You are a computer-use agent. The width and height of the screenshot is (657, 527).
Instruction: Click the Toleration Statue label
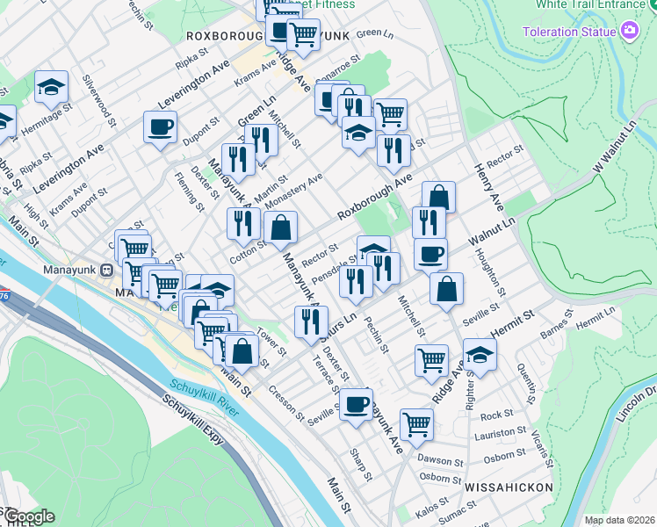coord(568,32)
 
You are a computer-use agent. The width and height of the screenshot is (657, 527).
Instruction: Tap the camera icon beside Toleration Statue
coord(630,32)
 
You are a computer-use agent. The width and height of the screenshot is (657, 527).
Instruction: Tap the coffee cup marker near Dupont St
coord(160,127)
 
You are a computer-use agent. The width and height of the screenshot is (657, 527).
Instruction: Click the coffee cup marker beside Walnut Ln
coord(430,255)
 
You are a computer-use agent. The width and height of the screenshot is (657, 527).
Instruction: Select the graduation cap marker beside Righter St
coord(480,355)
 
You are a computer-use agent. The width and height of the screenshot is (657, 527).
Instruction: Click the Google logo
coord(28,516)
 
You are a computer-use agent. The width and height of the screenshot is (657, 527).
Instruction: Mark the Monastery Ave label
coord(293,192)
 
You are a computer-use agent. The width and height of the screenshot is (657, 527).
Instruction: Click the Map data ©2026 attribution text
coord(619,520)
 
